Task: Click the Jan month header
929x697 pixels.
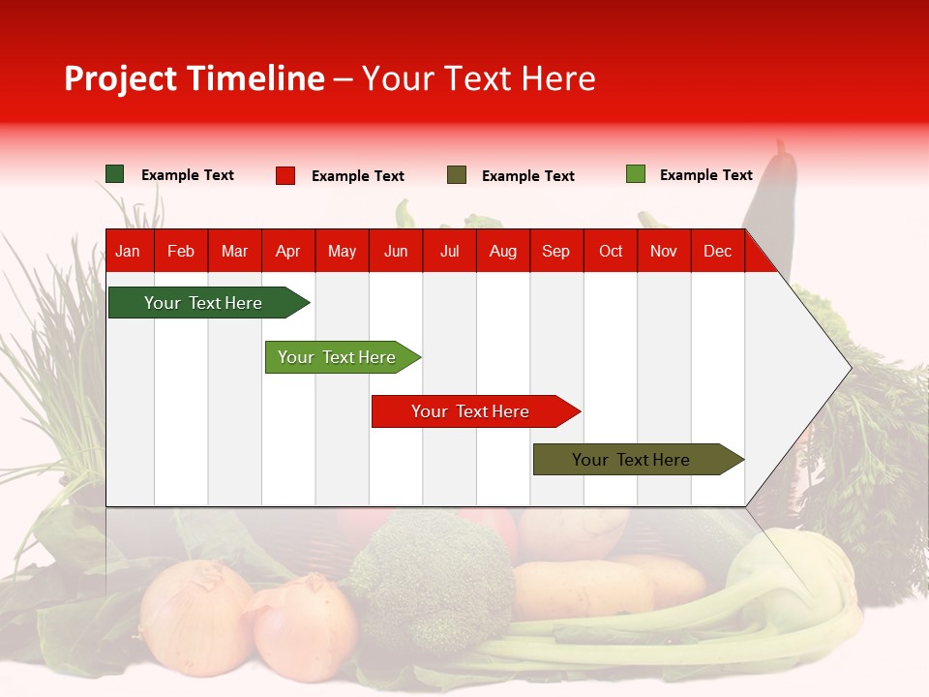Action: click(x=128, y=252)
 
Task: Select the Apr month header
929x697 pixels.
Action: click(x=288, y=252)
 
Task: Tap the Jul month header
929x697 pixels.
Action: click(x=449, y=252)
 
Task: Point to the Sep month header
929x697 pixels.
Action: click(x=555, y=252)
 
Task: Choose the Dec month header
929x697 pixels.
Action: click(x=717, y=252)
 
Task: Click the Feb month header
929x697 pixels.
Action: click(x=181, y=252)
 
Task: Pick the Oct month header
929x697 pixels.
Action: click(x=611, y=252)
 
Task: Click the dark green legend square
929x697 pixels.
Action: click(x=115, y=174)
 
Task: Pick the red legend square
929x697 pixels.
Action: click(x=285, y=175)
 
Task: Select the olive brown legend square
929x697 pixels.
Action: click(x=457, y=175)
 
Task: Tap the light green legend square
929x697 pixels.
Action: click(x=636, y=174)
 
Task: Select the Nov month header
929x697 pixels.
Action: click(x=664, y=252)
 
